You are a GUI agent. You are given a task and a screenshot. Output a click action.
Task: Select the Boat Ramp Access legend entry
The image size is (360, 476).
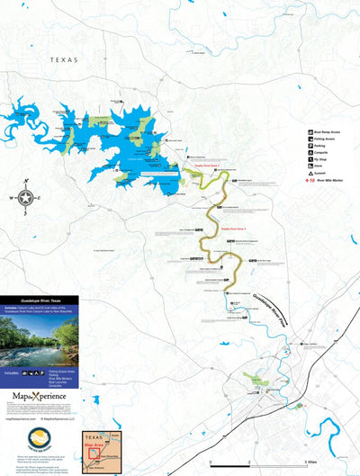pos(322,132)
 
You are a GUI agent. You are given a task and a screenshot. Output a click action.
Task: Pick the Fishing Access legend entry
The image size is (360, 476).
pos(322,140)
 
